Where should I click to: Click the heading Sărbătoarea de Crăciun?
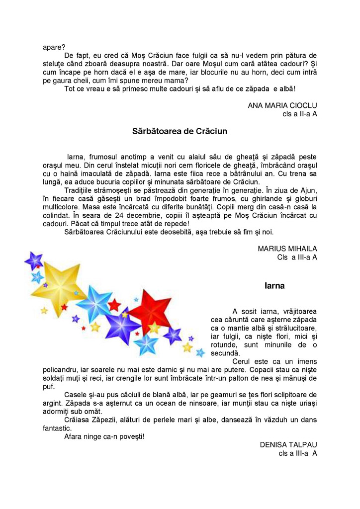(180, 132)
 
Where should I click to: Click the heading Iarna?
(274, 286)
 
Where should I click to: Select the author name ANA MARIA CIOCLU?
(282, 105)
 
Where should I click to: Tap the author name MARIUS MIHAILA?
(287, 249)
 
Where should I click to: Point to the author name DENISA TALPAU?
(288, 445)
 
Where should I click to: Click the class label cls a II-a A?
(297, 114)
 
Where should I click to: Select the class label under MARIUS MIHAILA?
(297, 257)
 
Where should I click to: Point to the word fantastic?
(57, 428)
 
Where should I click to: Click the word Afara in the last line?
(75, 437)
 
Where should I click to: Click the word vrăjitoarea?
(297, 312)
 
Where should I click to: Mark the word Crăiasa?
(78, 420)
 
